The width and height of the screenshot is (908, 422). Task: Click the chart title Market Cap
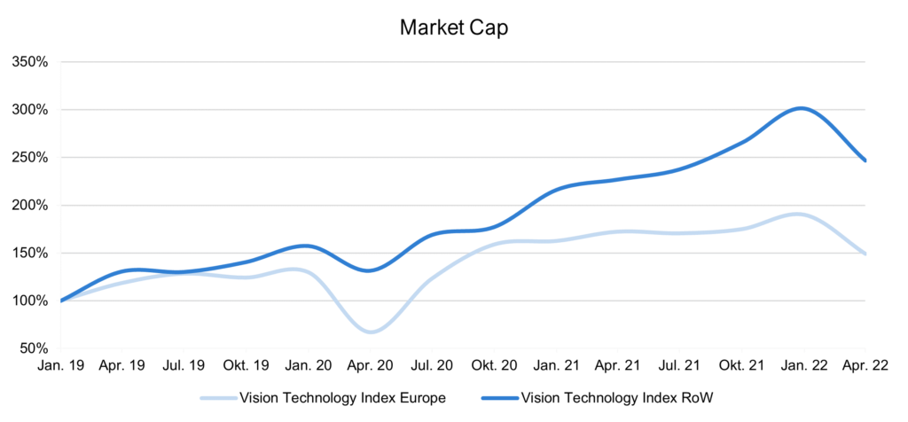tap(453, 27)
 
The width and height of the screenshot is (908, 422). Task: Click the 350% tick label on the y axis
tap(28, 62)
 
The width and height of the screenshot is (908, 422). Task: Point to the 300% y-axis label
tap(28, 110)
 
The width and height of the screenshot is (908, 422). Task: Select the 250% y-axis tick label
tap(28, 158)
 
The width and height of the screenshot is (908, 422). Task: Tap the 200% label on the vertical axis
tap(28, 206)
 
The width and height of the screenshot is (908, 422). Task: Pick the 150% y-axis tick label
tap(28, 254)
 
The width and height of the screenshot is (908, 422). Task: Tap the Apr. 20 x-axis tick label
tap(371, 364)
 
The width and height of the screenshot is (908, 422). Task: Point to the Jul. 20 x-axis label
tap(433, 364)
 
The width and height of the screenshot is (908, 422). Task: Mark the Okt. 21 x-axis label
tap(741, 364)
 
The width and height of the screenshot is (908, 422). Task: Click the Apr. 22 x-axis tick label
tap(865, 364)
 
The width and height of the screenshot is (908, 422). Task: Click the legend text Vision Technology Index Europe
tap(341, 397)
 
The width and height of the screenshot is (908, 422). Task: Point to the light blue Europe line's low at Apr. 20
tap(371, 332)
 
